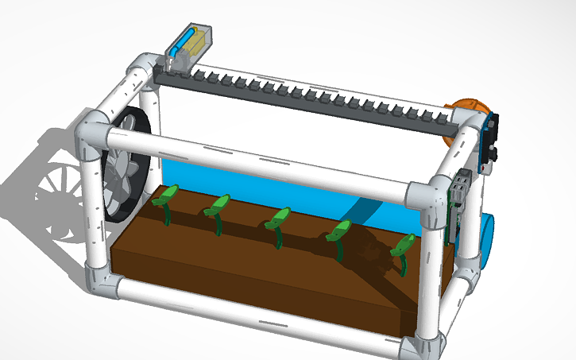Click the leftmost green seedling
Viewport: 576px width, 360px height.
(168, 199)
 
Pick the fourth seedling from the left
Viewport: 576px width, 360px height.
(339, 233)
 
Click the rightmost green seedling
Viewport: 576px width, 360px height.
(402, 249)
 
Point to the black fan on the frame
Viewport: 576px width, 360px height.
(127, 163)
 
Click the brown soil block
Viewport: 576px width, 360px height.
(262, 278)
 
